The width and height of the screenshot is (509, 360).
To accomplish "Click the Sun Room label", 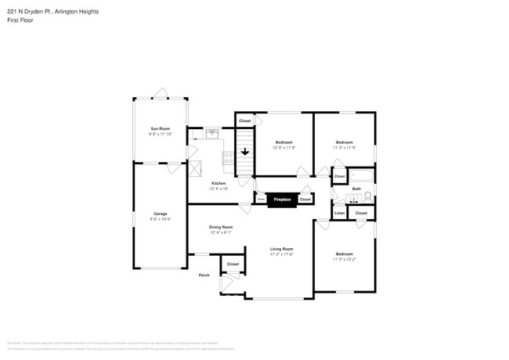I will [x=160, y=128].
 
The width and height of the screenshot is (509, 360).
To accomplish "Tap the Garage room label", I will [x=160, y=214].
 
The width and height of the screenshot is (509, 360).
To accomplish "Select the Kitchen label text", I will [x=218, y=183].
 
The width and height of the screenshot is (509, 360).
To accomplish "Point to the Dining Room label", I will [x=220, y=227].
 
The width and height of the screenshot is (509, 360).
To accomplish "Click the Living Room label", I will [x=281, y=249].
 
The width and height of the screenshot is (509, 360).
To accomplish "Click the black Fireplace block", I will [x=281, y=200].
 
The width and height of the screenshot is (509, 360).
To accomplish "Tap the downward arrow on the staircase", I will [x=245, y=151].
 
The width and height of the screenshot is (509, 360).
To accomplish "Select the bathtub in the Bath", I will [x=361, y=175].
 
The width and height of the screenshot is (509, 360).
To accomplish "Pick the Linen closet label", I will [x=340, y=213].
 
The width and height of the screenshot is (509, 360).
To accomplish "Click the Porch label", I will [x=204, y=275].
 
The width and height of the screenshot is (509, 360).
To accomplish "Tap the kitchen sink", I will [x=212, y=134].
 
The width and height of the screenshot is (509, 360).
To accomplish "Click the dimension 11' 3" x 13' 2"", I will [x=345, y=259].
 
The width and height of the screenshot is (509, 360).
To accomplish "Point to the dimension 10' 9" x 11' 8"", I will [x=283, y=147].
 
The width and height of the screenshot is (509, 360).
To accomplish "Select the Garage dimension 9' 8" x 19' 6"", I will [x=160, y=219].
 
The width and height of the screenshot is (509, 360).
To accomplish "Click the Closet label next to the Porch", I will [x=233, y=265].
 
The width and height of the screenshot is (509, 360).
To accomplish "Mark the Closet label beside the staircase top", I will [x=245, y=121].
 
